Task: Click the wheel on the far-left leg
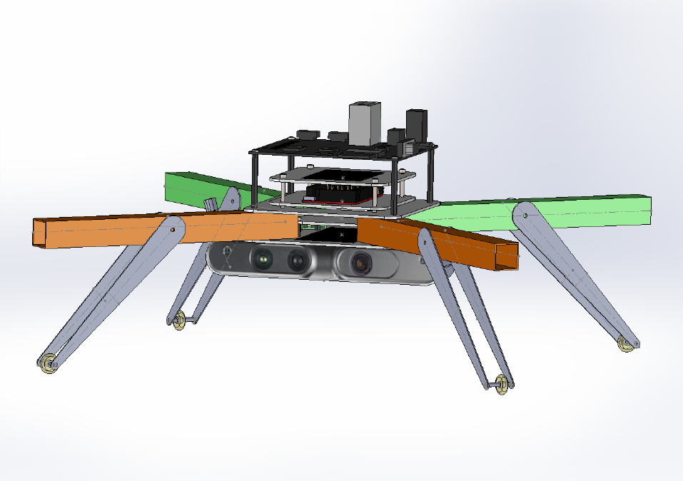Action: point(48,364)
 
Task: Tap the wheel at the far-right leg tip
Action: point(627,344)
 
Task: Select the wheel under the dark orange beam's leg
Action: point(502,385)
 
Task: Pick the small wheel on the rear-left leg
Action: point(178,320)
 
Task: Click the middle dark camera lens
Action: point(296,261)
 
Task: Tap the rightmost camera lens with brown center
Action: point(361,264)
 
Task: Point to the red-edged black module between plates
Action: point(341,193)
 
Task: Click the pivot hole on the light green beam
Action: point(525,213)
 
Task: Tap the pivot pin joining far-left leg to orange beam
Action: point(173,230)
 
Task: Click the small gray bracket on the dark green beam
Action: point(212,203)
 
